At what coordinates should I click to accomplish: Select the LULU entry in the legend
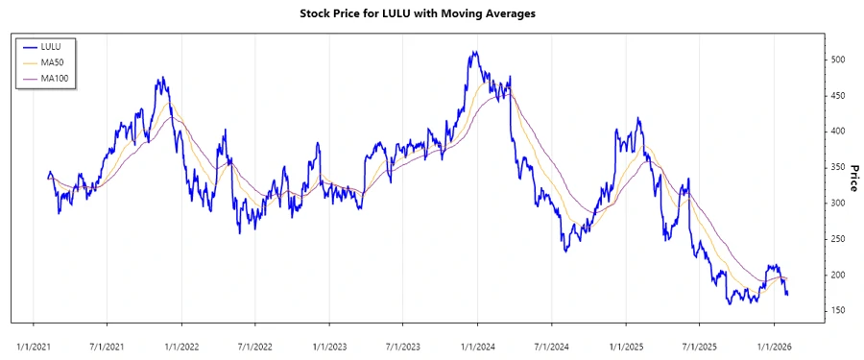click(x=51, y=45)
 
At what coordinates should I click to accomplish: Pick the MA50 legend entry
click(x=52, y=61)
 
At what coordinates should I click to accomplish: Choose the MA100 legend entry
click(x=54, y=78)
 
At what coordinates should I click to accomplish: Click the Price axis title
click(x=852, y=179)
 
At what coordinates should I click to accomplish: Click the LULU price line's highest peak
click(x=473, y=53)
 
